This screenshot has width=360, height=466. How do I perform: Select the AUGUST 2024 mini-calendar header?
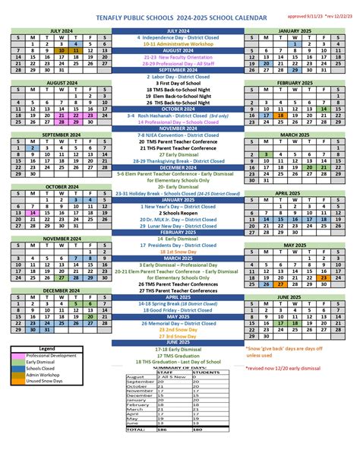tap(59, 82)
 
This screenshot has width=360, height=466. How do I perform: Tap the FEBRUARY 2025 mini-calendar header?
tap(298, 82)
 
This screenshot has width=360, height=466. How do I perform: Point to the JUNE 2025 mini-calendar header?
tap(298, 296)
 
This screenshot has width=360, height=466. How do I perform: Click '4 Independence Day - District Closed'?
tap(178, 37)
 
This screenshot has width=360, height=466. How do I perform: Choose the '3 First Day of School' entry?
tap(178, 84)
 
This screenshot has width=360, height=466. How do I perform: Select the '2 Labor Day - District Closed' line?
tap(178, 77)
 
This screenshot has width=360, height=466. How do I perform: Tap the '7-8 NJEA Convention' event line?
tap(178, 135)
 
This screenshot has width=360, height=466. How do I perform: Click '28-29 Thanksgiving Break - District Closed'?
tap(178, 161)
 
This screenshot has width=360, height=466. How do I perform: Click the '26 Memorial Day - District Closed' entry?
tap(178, 323)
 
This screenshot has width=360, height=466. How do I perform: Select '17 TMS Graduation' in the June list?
tap(178, 356)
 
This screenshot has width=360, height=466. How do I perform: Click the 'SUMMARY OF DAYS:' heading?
tap(178, 368)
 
